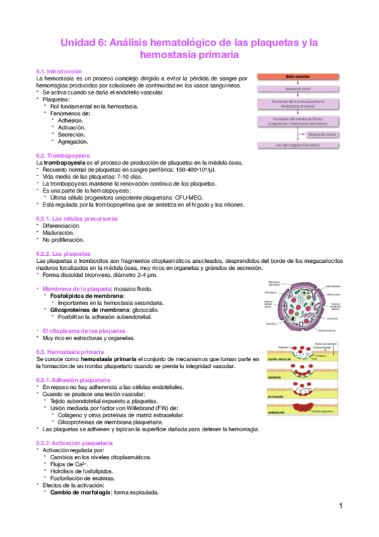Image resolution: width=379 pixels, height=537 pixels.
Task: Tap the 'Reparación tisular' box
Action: click(321, 134)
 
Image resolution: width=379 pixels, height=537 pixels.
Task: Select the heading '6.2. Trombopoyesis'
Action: click(63, 155)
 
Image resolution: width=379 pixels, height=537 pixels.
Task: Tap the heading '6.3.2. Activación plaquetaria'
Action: click(75, 443)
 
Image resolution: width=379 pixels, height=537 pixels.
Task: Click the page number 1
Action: click(340, 506)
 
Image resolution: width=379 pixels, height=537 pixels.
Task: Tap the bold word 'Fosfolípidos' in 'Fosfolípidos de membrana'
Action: click(68, 296)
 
